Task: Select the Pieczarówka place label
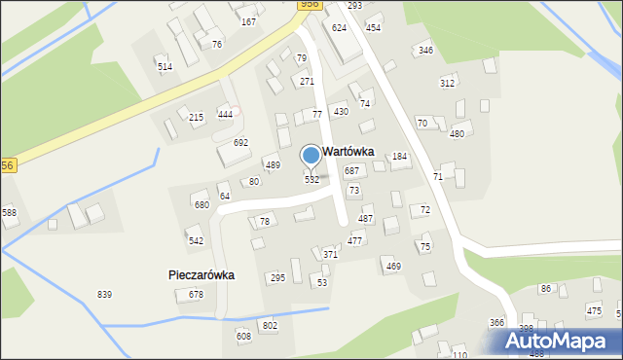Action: tap(195, 275)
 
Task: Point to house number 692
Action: tap(240, 143)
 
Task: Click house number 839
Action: tap(104, 294)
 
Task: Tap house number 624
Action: tap(339, 28)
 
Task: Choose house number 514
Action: tap(165, 66)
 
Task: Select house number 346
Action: tap(425, 50)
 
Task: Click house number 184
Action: tap(399, 157)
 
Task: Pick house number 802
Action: tap(270, 325)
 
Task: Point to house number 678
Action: tap(197, 294)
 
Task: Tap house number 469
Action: tap(393, 266)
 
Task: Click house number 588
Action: tap(10, 212)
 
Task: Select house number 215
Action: tap(197, 117)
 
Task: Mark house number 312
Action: tap(447, 83)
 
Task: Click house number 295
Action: tap(277, 277)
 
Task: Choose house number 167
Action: tap(248, 21)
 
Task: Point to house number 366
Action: tap(496, 323)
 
